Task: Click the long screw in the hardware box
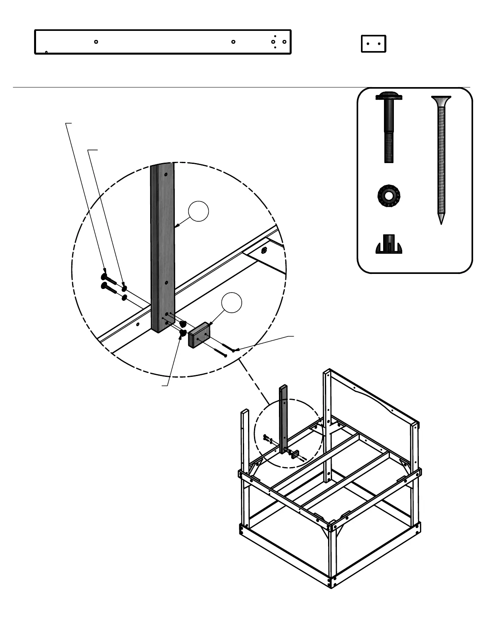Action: (x=441, y=158)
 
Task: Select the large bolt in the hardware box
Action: (x=389, y=127)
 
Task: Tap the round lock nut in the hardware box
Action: (x=389, y=195)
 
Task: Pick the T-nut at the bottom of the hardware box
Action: (x=389, y=245)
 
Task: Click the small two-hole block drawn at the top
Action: (x=373, y=44)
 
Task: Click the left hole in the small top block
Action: (x=368, y=44)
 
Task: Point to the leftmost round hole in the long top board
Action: (x=96, y=42)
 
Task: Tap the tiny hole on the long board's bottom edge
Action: (x=46, y=52)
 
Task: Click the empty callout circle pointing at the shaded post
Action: (x=198, y=211)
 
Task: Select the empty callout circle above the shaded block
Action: (x=231, y=303)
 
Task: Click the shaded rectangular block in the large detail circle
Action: (x=200, y=335)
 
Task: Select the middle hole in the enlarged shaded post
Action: (x=166, y=283)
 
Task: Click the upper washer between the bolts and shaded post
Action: (x=124, y=288)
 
